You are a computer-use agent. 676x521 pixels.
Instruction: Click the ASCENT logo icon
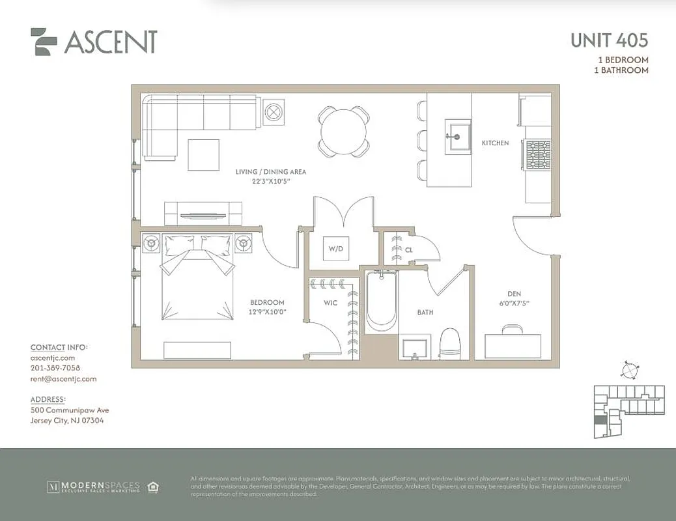tap(44, 41)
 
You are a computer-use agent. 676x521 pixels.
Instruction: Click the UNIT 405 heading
tap(609, 40)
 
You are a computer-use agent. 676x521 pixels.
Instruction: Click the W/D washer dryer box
tap(335, 248)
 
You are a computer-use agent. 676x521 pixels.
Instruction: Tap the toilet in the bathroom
tap(450, 343)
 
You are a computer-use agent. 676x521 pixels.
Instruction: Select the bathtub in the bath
tap(380, 301)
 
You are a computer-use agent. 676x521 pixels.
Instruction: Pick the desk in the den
tap(514, 345)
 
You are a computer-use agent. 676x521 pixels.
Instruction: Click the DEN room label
tap(514, 294)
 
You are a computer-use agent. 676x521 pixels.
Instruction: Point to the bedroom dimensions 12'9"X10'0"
tap(268, 312)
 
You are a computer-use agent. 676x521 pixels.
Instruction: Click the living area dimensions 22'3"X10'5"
tap(271, 181)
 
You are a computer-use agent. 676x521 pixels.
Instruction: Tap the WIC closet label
tap(330, 303)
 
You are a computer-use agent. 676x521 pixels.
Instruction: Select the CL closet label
tap(409, 249)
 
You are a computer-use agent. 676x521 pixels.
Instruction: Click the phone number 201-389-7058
tap(55, 368)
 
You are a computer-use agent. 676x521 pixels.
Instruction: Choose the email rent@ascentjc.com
tap(63, 378)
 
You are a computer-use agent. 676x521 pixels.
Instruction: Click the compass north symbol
tap(629, 370)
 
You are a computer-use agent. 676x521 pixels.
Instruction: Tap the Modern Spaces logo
tap(95, 486)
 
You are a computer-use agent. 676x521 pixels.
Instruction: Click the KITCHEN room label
tap(495, 143)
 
